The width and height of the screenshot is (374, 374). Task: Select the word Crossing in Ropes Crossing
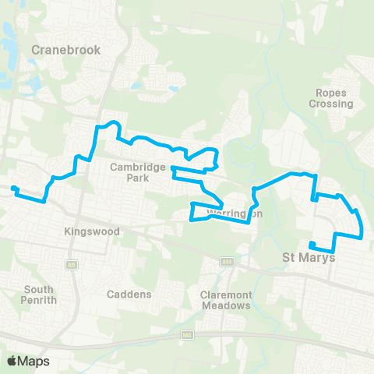click(x=333, y=104)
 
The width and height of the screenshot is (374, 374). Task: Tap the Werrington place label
click(x=235, y=213)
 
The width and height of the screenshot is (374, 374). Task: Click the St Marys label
click(x=308, y=257)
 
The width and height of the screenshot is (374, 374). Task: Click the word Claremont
click(x=225, y=295)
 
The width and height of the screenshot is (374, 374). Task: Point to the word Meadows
click(x=225, y=305)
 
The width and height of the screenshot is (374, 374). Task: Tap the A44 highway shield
click(x=228, y=261)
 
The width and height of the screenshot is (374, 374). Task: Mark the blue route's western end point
click(x=13, y=188)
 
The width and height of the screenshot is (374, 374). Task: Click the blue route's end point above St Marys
click(x=311, y=244)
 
